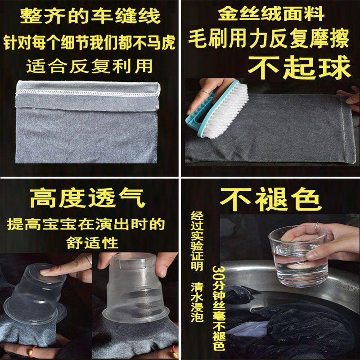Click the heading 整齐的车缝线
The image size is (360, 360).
coord(90,16)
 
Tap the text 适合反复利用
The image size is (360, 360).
coord(89,66)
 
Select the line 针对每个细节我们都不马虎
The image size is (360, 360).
coord(89,42)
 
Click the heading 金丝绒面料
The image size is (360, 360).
coord(271,14)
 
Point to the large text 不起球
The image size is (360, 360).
coord(299,67)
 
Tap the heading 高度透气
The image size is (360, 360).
coord(88,198)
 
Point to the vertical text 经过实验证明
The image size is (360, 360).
coord(197,241)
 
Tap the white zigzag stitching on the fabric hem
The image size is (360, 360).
coord(87,94)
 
